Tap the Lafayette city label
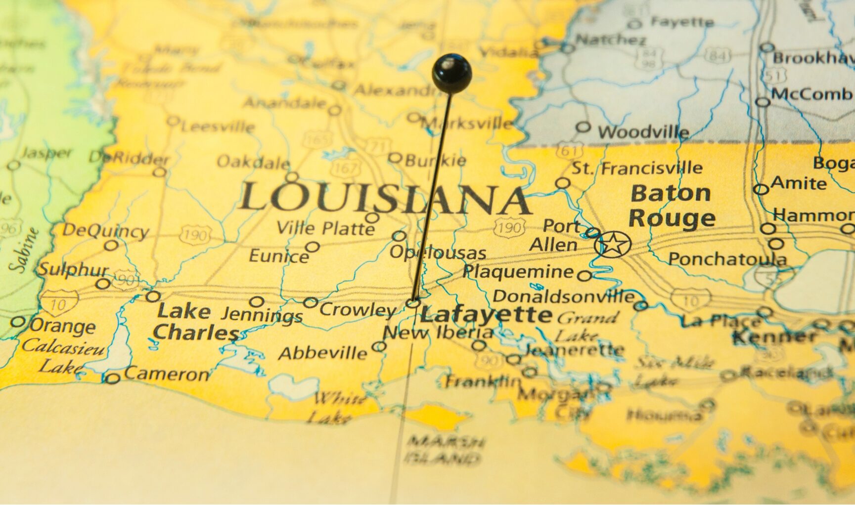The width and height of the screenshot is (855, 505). click(486, 314)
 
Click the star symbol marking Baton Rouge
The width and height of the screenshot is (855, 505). click(613, 244)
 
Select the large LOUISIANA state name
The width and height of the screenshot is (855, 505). click(384, 199)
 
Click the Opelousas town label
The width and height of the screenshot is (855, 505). click(438, 252)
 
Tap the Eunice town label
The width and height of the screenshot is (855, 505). click(278, 256)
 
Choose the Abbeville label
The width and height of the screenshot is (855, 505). click(323, 353)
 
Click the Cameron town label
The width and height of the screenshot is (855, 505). click(166, 375)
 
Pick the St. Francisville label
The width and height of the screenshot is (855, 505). click(637, 168)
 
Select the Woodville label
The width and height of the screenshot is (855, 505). click(643, 132)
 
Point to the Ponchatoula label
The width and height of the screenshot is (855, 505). click(727, 259)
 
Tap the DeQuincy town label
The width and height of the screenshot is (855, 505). click(105, 231)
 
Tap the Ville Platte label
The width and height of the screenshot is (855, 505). click(326, 228)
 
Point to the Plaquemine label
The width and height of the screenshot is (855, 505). click(518, 271)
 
